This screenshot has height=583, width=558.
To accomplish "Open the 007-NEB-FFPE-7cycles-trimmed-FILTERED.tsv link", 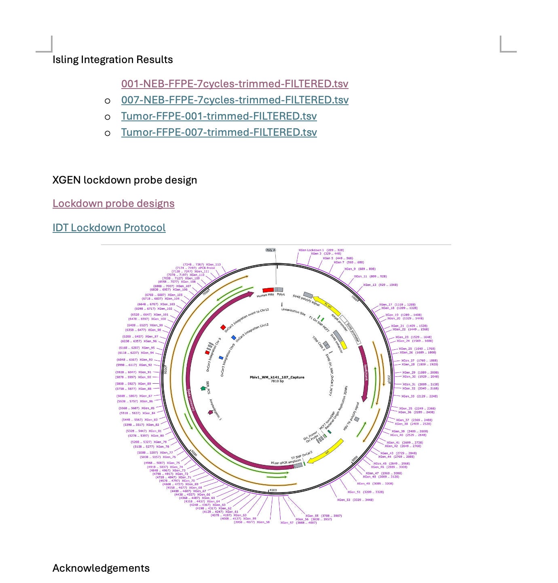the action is pos(235,100).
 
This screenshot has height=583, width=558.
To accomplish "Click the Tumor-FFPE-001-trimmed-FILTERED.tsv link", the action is pos(219,116).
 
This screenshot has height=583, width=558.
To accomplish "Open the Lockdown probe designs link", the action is pos(114,203).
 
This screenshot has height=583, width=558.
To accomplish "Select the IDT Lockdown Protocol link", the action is pos(109,228).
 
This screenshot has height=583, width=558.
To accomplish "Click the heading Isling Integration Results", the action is pos(112,60).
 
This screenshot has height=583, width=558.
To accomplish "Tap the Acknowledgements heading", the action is pos(101,568).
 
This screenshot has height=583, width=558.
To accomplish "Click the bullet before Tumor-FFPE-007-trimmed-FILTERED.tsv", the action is pos(108,133).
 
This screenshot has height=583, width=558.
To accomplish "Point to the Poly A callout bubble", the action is pos(271,250).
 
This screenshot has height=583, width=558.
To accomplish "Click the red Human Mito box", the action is pos(268,290).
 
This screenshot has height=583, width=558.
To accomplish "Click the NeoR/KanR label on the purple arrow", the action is pos(366,373).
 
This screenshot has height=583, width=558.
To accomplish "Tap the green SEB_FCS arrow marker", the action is pos(203,389).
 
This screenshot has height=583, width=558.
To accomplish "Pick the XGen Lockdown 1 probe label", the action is pos(311,250).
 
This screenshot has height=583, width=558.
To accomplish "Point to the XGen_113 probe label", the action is pos(213,264).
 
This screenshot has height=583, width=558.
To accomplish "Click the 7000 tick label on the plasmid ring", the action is pos(206,291).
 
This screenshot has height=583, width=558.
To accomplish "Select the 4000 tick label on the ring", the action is pos(273,490).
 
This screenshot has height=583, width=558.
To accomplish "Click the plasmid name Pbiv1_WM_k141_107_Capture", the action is pos(277,377).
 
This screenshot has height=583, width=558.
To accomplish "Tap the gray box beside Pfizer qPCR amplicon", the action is pos(298,466).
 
